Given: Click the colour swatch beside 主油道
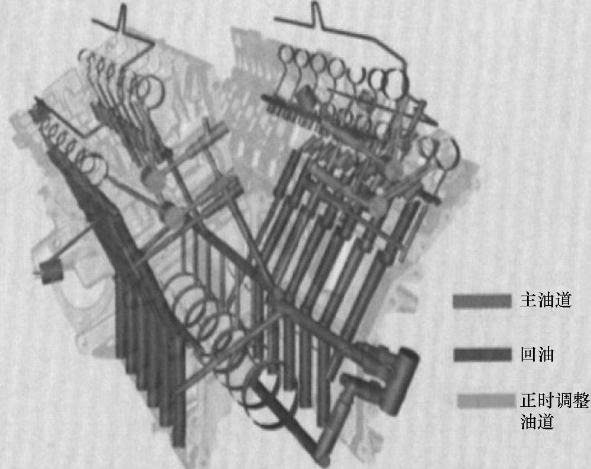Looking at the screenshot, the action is pyautogui.click(x=482, y=301).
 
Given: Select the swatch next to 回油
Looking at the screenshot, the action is pyautogui.click(x=482, y=355).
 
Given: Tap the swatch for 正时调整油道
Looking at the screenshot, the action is pyautogui.click(x=486, y=401).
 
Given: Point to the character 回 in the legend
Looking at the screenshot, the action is pyautogui.click(x=529, y=355).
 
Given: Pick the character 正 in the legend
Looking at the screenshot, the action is pyautogui.click(x=529, y=400).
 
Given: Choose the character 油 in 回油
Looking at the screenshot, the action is pyautogui.click(x=546, y=355).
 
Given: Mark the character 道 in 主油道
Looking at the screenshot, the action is pyautogui.click(x=563, y=300).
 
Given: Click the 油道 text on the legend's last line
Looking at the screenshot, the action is pyautogui.click(x=537, y=422).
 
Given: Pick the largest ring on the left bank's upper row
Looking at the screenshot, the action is pyautogui.click(x=152, y=90).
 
